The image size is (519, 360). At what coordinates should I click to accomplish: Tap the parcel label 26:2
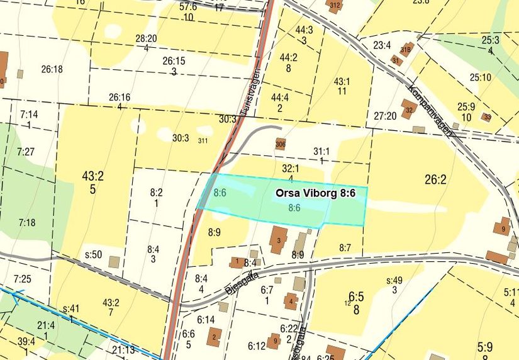coord(435,180)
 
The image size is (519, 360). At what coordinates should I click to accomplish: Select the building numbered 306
coord(281,144)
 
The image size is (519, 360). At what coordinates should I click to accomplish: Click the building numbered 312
coord(335,6)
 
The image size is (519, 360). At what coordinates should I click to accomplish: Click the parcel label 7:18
coord(27,222)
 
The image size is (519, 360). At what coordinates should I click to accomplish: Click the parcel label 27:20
coord(384,116)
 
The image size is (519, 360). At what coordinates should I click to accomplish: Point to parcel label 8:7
coord(345,248)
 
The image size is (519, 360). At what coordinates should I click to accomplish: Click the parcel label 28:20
coord(146,38)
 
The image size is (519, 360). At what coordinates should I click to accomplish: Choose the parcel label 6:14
coord(205,320)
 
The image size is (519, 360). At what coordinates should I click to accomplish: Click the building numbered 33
coord(486,116)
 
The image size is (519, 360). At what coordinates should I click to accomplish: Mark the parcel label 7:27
coord(26,152)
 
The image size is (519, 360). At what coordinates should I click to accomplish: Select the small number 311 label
coord(203,140)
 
